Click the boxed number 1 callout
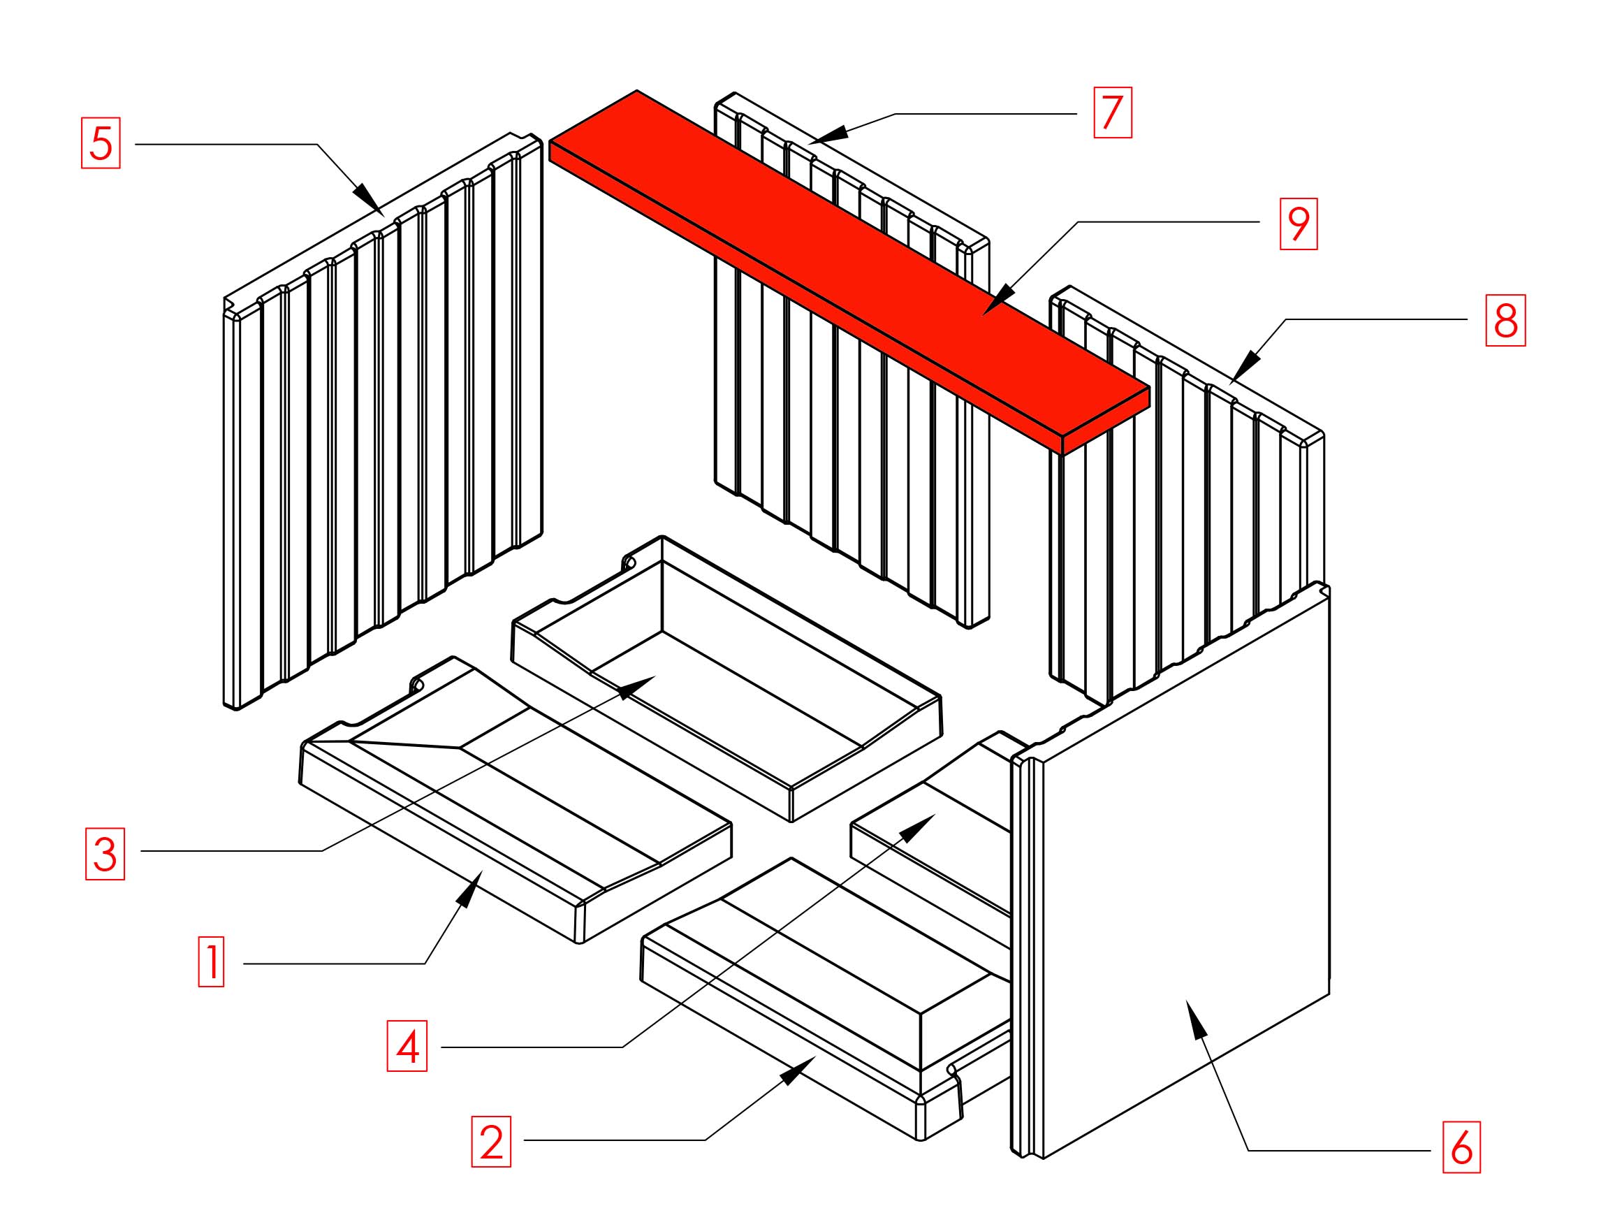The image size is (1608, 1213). coord(211,961)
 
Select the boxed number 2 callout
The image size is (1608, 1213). coord(492,1142)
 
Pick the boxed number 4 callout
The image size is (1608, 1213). coord(407,1047)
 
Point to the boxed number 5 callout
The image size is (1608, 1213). coord(101,143)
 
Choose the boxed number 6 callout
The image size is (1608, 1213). coord(1462,1147)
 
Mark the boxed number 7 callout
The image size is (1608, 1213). coord(1113,112)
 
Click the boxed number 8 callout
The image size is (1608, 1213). coord(1505,320)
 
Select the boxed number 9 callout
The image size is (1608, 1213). coord(1299,224)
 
